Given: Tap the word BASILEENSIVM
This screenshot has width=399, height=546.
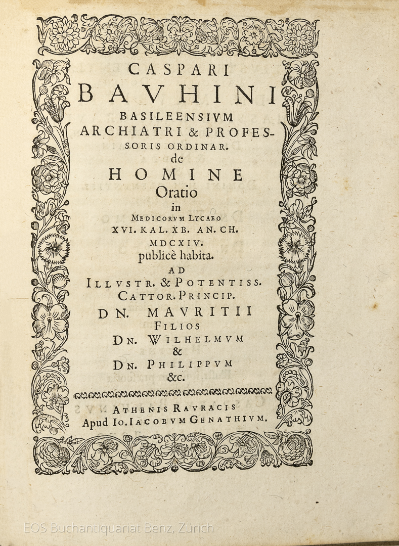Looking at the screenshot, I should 176,117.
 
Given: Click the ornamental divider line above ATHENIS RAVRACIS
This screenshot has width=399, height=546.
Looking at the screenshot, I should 173,393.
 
